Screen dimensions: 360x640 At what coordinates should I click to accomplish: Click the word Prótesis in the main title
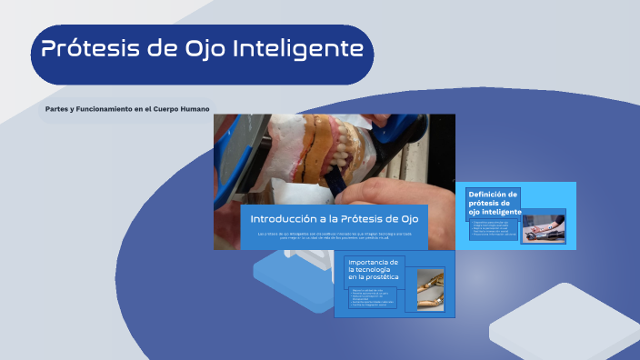[x=89, y=48]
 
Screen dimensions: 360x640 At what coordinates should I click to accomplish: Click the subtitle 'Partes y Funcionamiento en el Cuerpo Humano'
[x=127, y=109]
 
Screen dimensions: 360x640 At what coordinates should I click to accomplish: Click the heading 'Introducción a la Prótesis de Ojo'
[x=334, y=219]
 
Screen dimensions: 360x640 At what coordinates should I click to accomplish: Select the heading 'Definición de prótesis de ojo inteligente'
[x=494, y=203]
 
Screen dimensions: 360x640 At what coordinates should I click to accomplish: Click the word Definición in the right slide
[x=493, y=194]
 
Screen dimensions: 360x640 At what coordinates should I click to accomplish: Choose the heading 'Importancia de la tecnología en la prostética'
[x=374, y=271]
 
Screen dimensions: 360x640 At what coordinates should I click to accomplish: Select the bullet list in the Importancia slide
[x=375, y=297]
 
